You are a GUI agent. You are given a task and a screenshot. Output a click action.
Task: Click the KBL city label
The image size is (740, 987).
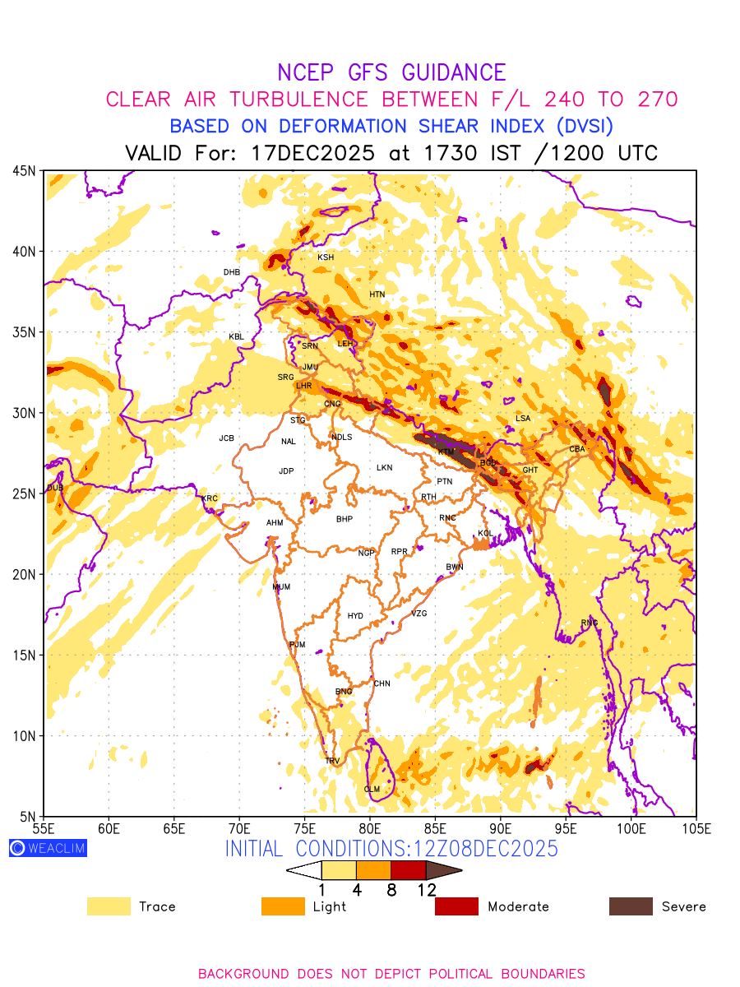tap(236, 337)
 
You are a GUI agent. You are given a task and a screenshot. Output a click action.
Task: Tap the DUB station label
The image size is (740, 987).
tap(55, 488)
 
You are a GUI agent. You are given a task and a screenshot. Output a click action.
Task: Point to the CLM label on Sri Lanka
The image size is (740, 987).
tap(372, 790)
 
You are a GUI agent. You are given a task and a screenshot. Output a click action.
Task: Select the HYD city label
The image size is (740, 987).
tap(355, 616)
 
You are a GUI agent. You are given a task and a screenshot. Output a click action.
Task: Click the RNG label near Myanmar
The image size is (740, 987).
tap(590, 623)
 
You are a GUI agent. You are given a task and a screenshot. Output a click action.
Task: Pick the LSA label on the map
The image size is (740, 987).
tap(523, 419)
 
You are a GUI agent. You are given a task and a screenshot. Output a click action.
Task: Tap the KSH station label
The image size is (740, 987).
tap(326, 257)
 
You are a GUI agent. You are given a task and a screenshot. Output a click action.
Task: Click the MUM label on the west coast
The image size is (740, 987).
tap(281, 587)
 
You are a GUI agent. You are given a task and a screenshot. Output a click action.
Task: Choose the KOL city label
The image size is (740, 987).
tap(485, 534)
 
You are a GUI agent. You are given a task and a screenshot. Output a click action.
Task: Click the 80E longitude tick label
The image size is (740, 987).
tap(370, 827)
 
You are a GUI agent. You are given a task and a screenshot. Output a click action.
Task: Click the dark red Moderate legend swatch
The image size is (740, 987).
tap(456, 906)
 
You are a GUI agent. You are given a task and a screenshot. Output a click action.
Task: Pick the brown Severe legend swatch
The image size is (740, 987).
tap(631, 906)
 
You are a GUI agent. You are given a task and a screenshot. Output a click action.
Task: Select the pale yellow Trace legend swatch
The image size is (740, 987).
tap(109, 906)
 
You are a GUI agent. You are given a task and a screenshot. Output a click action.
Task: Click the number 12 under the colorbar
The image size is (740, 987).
tap(426, 889)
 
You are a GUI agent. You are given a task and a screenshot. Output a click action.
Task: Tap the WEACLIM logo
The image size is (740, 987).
tap(48, 848)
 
